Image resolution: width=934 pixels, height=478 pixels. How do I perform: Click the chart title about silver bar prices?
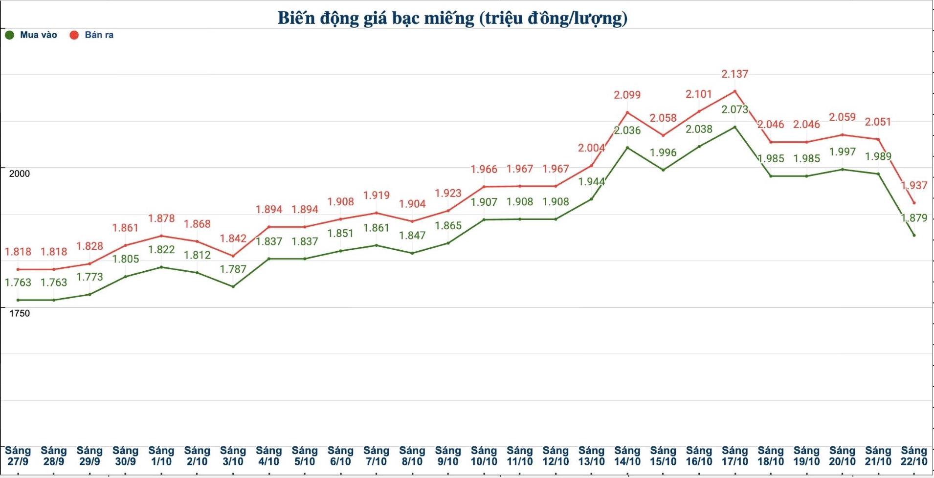point(452,18)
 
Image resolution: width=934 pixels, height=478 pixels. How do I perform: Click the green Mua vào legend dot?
point(9,35)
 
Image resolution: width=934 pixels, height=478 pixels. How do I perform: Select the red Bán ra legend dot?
point(74,35)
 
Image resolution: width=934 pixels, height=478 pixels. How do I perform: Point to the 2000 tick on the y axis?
point(20,174)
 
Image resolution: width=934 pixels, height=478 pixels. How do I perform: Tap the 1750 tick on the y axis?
point(20,313)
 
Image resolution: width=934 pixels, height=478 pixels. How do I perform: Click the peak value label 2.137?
point(734,74)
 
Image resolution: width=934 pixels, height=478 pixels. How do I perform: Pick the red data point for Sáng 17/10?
point(734,91)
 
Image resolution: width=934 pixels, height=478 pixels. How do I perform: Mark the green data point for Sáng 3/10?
point(233,286)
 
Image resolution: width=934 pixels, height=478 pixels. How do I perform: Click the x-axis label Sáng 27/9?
point(18,456)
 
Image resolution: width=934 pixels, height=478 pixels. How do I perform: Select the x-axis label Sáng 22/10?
point(913,456)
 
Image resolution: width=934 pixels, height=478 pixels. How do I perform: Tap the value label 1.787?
point(233,269)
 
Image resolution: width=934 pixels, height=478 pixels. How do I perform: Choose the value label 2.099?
point(627,95)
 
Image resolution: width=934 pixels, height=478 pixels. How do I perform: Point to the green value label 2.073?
point(734,109)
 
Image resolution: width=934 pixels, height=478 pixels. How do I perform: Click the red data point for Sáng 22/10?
point(913,203)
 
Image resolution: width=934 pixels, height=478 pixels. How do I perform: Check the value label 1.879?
point(914,218)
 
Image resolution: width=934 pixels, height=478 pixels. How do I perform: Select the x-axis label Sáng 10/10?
point(484,456)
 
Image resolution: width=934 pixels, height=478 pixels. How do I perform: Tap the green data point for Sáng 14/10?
point(627,148)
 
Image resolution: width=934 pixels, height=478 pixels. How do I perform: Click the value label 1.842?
point(233,239)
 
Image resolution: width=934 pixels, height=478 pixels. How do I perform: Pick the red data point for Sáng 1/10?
point(161,236)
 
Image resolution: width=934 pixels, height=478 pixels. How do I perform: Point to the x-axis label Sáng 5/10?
point(305,456)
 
